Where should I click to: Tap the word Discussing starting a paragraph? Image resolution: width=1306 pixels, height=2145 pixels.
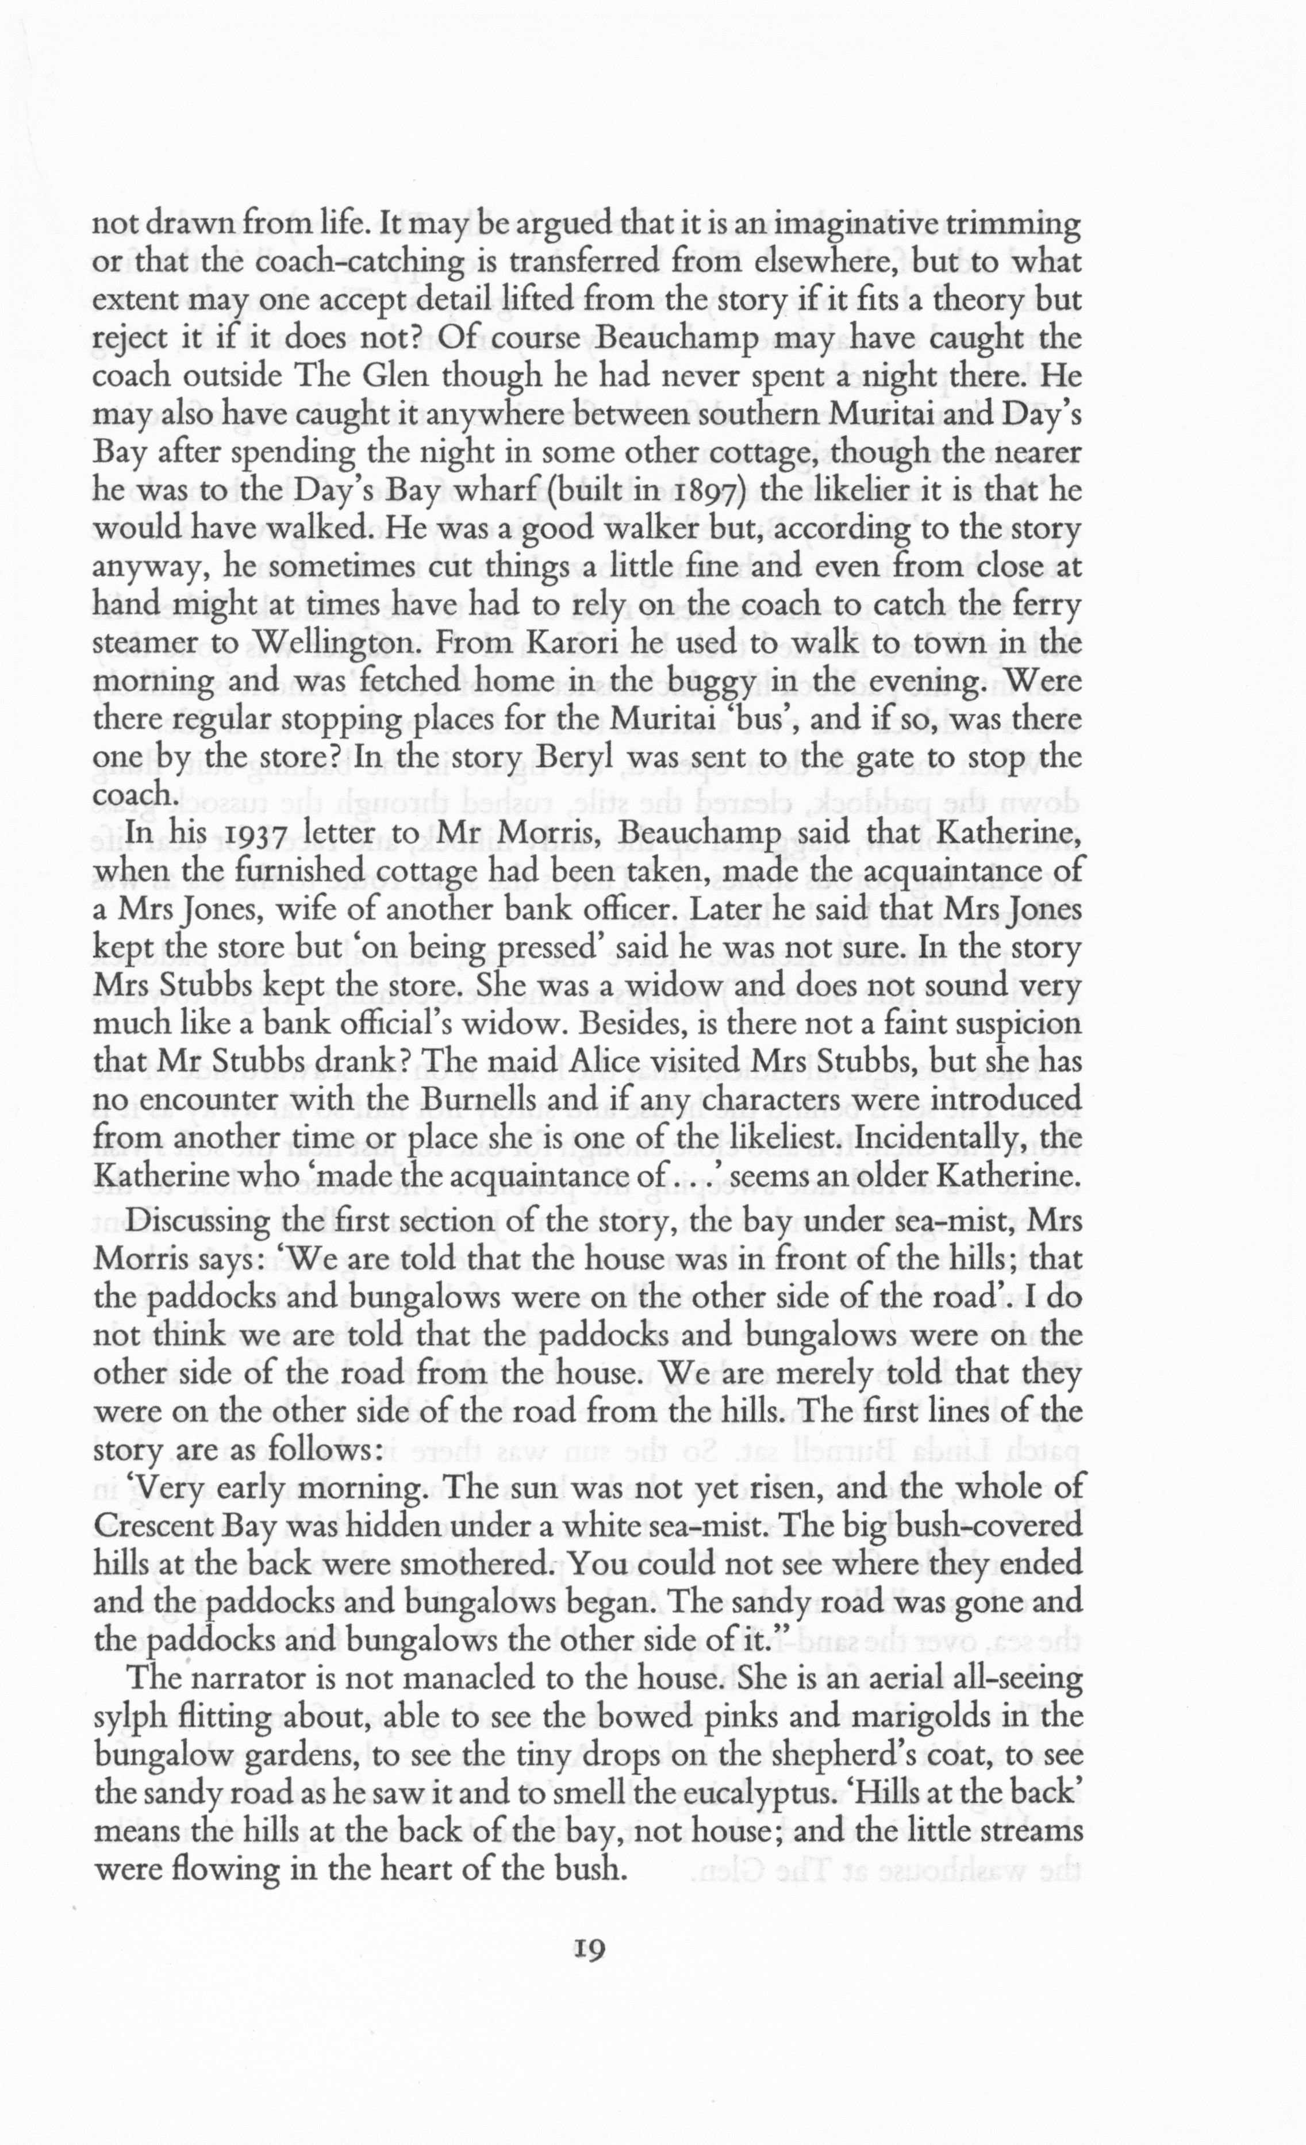click(198, 1220)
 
